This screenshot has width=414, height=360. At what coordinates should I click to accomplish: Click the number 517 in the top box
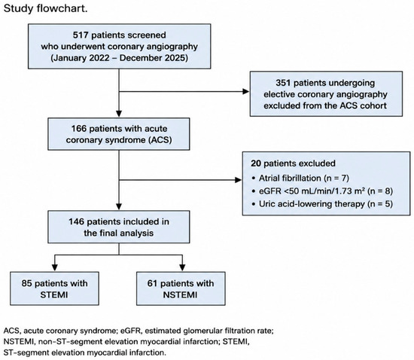[81, 35]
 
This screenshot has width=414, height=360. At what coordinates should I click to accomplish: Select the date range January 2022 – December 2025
[120, 58]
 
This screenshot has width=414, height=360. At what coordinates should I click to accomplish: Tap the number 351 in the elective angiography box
[283, 83]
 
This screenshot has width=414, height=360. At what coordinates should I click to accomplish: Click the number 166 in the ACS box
[79, 129]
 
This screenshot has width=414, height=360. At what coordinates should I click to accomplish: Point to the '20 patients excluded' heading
[293, 163]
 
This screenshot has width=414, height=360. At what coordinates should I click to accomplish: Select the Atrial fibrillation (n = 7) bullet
[301, 178]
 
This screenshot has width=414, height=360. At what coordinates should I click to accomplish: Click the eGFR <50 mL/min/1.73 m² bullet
[322, 191]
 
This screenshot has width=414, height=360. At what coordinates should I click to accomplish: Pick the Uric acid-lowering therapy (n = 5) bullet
[322, 204]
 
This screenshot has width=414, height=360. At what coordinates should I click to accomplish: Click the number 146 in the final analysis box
[77, 221]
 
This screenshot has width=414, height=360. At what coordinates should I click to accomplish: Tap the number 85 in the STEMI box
[27, 283]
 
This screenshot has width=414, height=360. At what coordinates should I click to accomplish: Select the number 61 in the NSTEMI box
[153, 283]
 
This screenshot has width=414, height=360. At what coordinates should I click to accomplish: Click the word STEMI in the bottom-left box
[54, 294]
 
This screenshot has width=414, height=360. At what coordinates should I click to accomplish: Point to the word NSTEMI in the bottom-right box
[180, 294]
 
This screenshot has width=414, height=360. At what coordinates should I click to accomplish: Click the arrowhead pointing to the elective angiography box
[246, 92]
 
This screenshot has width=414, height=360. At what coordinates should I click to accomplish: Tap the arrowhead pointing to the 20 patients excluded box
[238, 180]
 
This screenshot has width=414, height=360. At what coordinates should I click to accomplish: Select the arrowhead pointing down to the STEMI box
[55, 267]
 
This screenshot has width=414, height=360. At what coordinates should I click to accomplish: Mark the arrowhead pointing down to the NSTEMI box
[182, 267]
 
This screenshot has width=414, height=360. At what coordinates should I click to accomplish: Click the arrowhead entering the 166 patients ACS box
[119, 114]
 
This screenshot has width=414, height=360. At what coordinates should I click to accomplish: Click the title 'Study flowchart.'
[45, 8]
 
